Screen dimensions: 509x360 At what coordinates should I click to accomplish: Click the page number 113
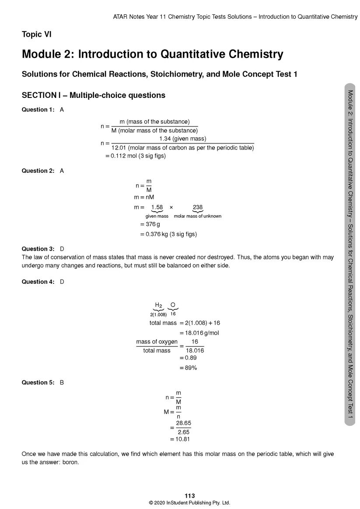click(x=189, y=495)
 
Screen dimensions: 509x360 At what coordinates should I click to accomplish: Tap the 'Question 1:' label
click(x=38, y=110)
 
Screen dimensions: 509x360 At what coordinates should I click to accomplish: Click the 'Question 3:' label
click(x=38, y=249)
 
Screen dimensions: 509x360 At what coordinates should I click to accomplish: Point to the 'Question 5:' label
click(x=38, y=383)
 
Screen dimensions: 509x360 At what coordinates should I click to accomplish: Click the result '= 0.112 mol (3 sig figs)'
click(x=136, y=156)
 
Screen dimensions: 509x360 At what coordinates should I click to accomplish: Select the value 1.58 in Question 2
click(x=157, y=207)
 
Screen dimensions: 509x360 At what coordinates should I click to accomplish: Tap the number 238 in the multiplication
click(x=198, y=207)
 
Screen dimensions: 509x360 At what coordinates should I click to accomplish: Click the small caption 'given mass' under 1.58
click(x=157, y=216)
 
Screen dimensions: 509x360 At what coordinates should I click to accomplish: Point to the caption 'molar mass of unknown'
click(x=198, y=216)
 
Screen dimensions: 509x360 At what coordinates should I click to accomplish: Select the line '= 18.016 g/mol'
click(x=199, y=333)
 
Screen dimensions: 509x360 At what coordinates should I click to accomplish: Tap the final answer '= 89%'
click(x=188, y=368)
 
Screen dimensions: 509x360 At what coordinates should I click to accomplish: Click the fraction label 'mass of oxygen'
click(x=157, y=342)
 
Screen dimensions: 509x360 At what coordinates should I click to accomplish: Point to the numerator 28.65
click(x=183, y=423)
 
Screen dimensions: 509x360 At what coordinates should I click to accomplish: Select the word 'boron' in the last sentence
click(x=70, y=462)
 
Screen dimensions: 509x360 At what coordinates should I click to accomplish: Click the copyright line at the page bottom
click(x=189, y=503)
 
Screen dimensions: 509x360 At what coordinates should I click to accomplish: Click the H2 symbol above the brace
click(x=158, y=305)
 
